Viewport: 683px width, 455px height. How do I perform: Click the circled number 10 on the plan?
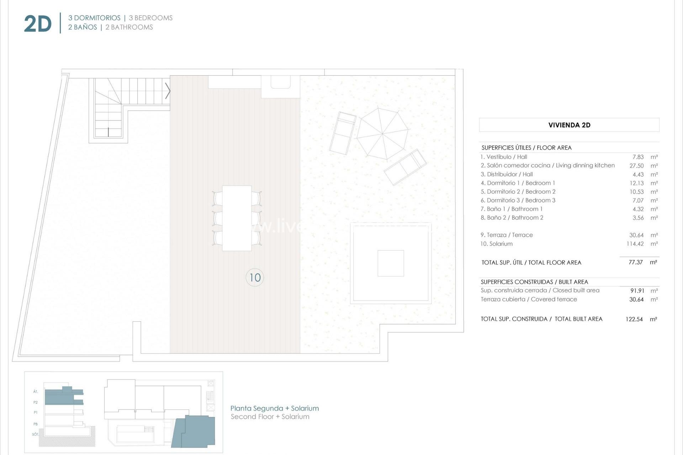click(x=255, y=278)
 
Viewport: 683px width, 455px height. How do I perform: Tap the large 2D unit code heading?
click(x=38, y=24)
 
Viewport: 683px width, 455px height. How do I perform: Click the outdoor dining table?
click(x=237, y=218)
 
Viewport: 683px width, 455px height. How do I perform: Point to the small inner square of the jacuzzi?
click(x=391, y=263)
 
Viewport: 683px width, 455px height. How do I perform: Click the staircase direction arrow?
click(x=168, y=91)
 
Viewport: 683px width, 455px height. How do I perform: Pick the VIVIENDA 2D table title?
click(x=569, y=125)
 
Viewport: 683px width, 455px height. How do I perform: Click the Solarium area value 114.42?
click(x=635, y=244)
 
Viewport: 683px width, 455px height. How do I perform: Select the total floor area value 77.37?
click(x=635, y=262)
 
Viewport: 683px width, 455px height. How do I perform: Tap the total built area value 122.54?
click(x=634, y=319)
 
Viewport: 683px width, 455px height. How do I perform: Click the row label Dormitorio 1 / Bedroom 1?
click(x=518, y=183)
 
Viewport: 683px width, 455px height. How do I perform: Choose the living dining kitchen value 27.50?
click(x=636, y=166)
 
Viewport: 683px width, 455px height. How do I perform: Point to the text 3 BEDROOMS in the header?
click(x=150, y=18)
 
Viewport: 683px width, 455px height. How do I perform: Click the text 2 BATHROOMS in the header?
click(x=129, y=27)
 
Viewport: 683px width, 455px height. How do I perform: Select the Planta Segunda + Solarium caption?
click(x=275, y=408)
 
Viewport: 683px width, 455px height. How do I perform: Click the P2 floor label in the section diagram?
click(x=36, y=402)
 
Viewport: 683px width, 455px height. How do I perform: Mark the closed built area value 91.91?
click(x=637, y=291)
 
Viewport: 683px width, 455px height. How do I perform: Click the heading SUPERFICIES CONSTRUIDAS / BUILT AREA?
click(x=534, y=282)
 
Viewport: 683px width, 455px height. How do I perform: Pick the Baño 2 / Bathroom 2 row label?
click(x=512, y=218)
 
